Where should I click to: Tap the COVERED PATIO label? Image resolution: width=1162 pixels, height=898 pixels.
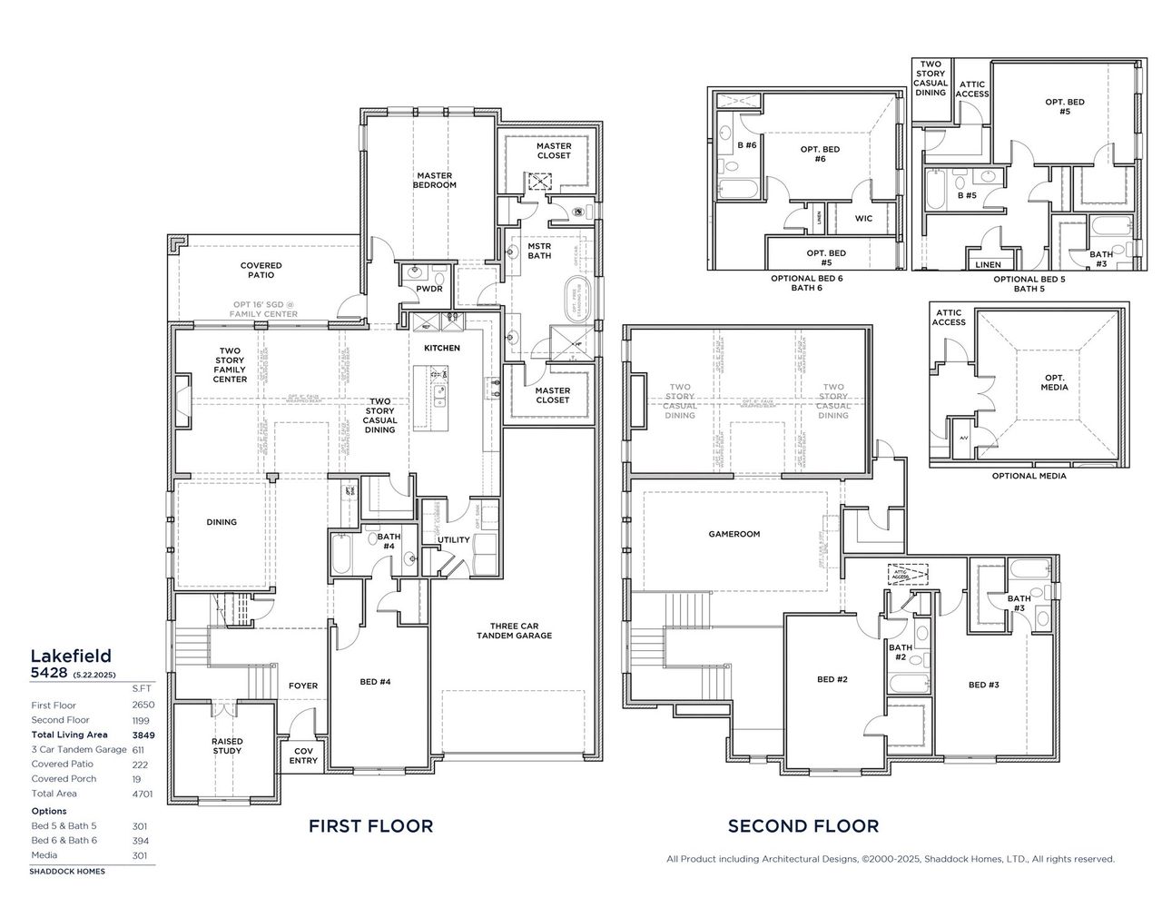261,270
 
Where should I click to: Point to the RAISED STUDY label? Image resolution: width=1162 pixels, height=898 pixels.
227,745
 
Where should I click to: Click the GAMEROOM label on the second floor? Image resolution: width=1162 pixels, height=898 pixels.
734,534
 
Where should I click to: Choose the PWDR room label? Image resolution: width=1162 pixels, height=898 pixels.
428,289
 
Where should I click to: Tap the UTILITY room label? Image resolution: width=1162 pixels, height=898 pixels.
454,539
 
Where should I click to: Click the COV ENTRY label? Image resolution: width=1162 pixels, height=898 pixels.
303,755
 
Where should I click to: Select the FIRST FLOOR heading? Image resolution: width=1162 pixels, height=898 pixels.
370,825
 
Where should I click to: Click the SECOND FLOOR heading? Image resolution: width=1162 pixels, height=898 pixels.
803,825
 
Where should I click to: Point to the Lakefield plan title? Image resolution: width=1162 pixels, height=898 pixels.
71,655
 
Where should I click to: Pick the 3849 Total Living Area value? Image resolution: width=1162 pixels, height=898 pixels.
141,735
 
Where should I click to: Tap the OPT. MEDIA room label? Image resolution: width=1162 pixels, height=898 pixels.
1055,382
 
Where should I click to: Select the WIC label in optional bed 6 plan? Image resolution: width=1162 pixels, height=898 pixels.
862,218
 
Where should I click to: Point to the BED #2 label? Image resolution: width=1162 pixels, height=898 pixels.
832,679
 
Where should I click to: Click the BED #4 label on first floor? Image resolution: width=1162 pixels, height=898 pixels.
375,681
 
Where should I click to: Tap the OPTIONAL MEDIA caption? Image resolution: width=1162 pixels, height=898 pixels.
1029,475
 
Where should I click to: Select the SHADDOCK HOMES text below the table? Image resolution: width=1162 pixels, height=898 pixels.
67,871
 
